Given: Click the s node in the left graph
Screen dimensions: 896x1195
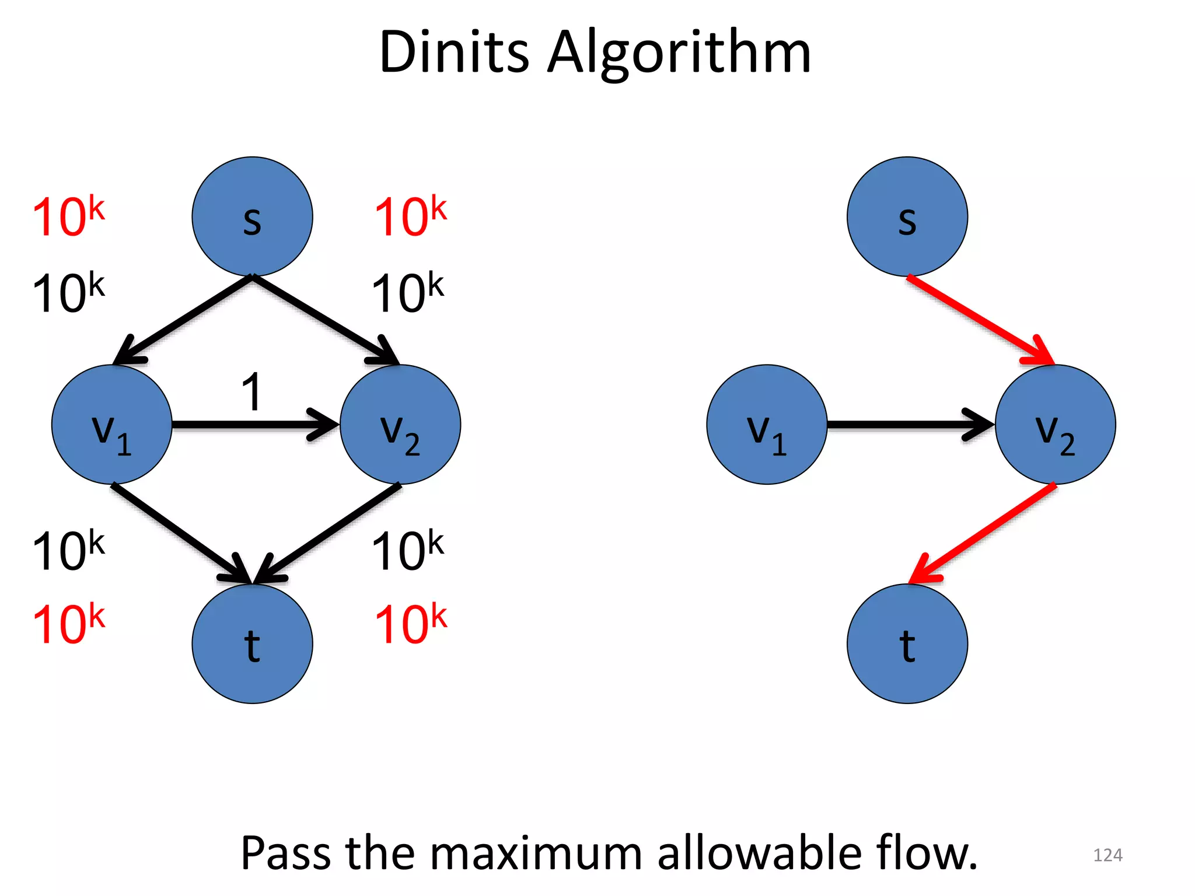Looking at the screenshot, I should coord(252,216).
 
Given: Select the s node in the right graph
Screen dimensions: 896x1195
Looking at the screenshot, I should coord(907,216).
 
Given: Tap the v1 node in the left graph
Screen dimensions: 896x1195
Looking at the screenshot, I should coord(111,425).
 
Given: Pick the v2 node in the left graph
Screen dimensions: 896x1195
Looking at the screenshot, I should coord(400,425).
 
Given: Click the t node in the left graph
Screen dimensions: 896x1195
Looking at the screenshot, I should coord(252,643).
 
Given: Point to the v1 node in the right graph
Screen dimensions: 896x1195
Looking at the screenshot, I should coord(767,425).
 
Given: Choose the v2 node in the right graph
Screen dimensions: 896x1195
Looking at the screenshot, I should coord(1055,425).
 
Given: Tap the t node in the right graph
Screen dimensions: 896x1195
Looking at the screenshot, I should coord(907,643).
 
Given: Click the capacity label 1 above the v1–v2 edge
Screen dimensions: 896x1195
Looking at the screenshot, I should coord(251,392).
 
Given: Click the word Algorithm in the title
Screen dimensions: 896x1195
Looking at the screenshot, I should coord(679,54).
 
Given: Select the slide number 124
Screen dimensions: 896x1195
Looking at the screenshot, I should coord(1107,855).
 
